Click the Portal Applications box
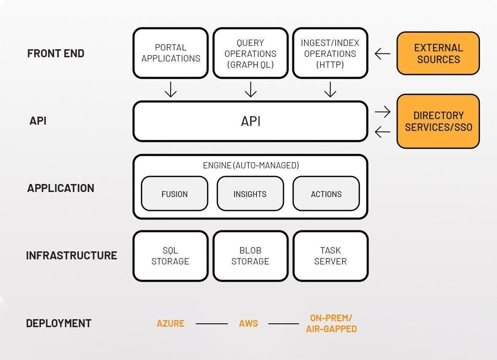171,53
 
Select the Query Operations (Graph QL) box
251,53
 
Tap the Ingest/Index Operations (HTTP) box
330,53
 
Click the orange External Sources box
438,53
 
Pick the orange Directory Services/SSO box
438,121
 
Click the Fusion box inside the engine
174,194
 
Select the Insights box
250,194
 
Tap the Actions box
326,194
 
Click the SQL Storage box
171,256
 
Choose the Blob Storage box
251,256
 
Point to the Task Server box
331,256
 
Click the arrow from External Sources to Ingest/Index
382,53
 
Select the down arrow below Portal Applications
171,89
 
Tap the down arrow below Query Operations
251,89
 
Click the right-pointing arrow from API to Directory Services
382,112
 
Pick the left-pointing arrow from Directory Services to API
382,132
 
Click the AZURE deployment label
171,323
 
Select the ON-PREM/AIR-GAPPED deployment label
331,323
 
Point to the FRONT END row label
56,53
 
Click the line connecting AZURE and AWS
211,324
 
